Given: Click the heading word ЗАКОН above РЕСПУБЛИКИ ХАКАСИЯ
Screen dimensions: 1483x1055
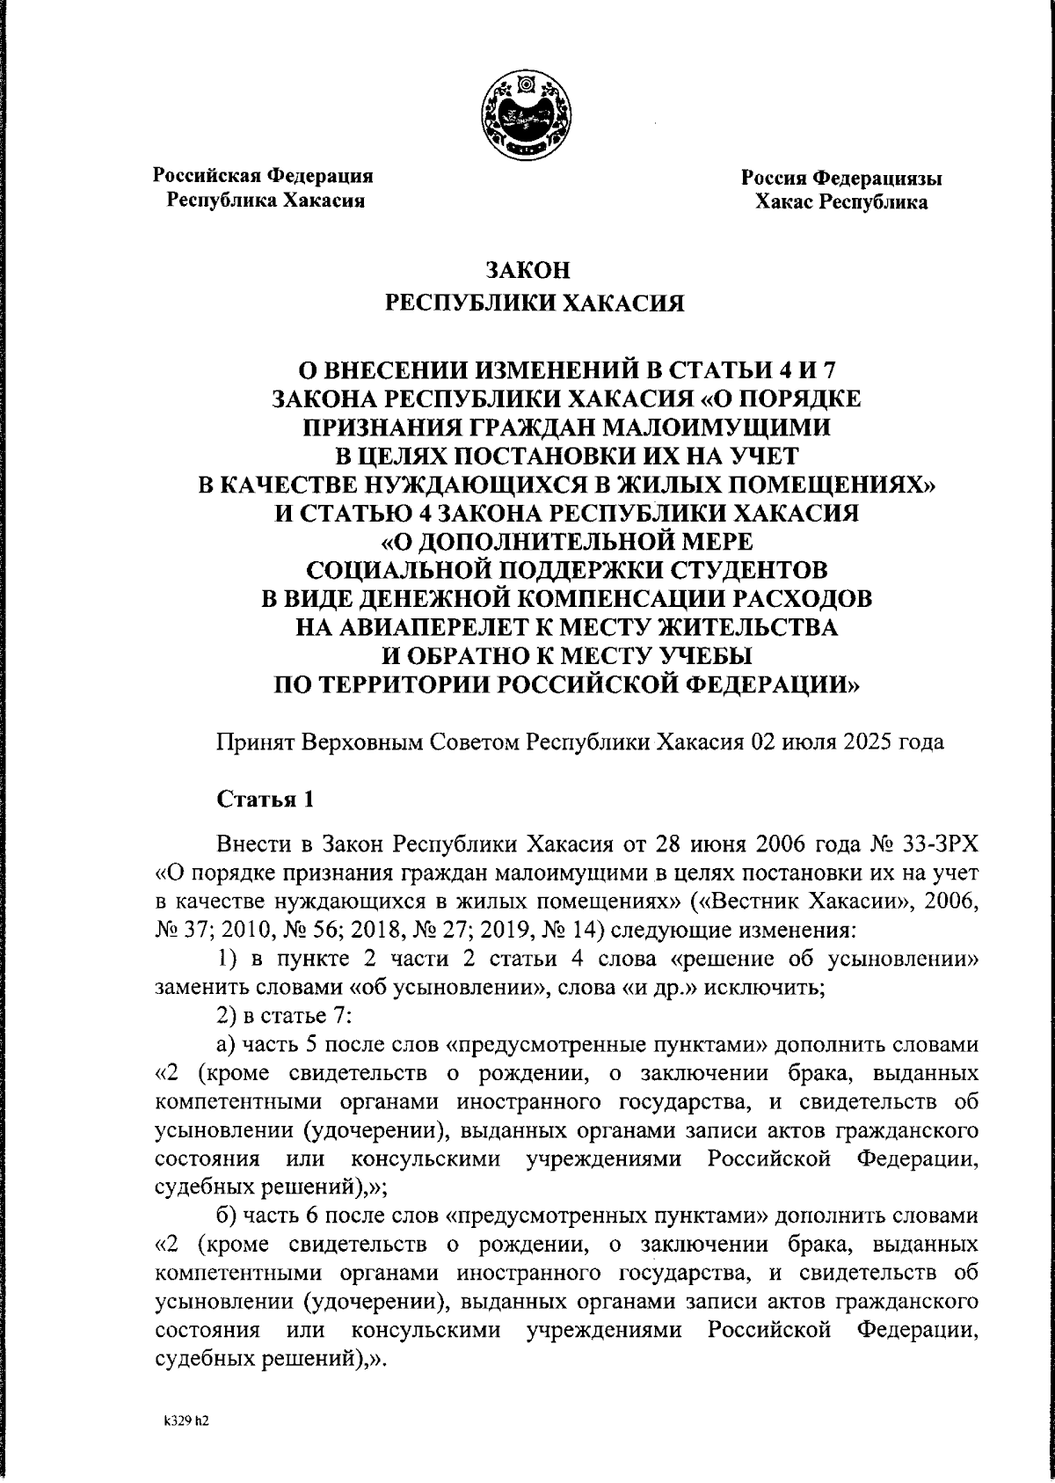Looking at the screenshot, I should point(527,269).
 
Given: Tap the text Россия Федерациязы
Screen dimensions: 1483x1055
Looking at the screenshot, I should point(841,179).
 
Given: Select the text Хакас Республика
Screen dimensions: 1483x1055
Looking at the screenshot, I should point(841,203).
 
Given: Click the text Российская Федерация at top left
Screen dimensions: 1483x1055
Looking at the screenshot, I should point(264,175).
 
